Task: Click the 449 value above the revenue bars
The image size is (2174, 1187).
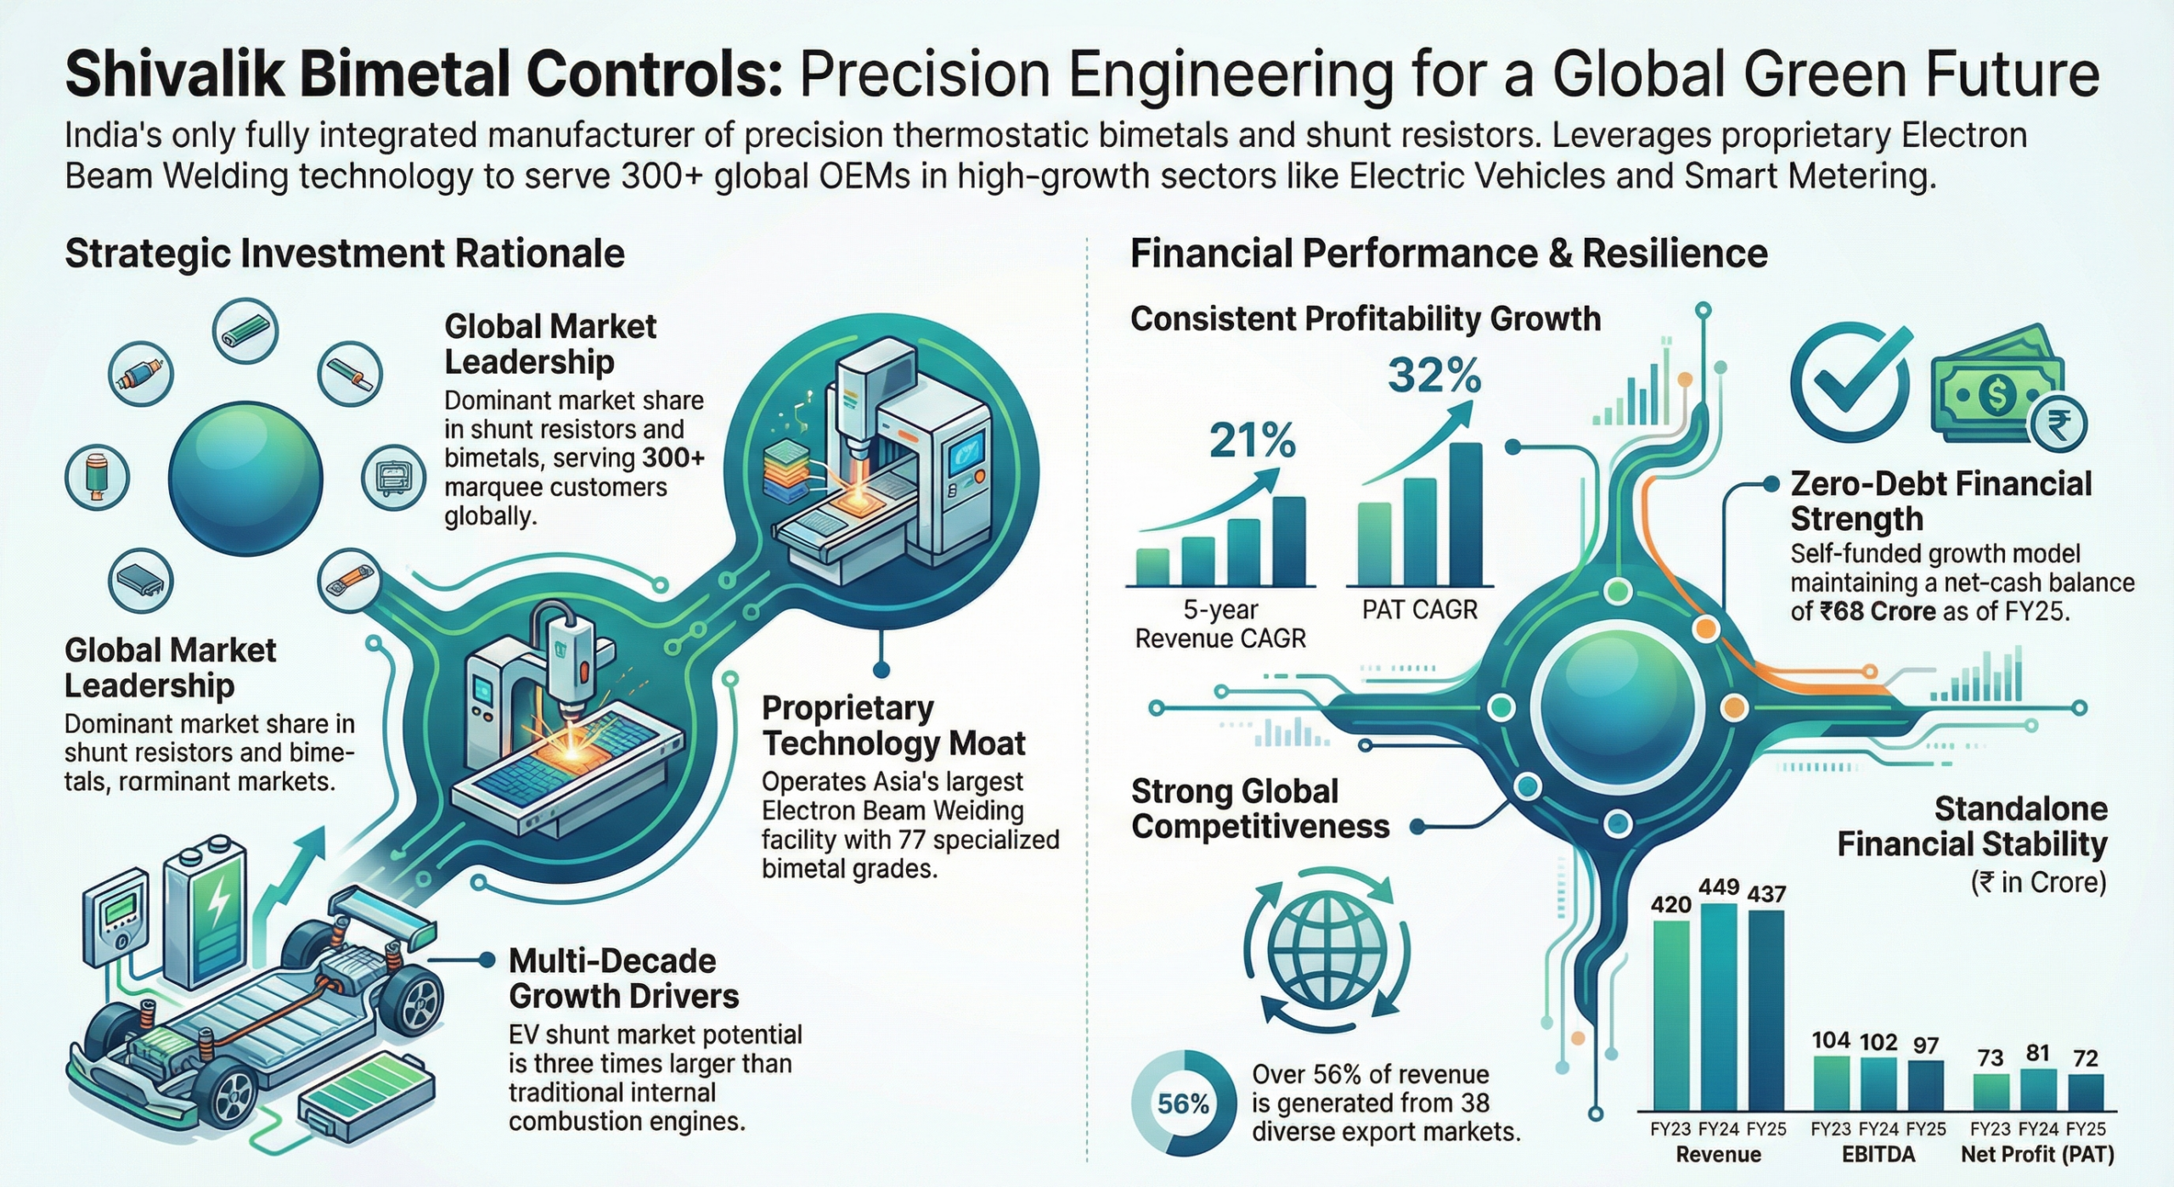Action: click(1718, 887)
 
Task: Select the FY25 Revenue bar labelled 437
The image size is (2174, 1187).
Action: click(1766, 1010)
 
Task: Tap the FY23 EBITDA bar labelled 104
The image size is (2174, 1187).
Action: click(1831, 1083)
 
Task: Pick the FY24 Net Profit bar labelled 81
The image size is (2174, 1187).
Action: click(2038, 1089)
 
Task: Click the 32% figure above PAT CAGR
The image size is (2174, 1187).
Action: click(1434, 375)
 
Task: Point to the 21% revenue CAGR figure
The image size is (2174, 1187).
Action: click(1253, 441)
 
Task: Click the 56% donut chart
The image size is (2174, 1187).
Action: click(1183, 1104)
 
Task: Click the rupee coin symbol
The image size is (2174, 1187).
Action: click(2058, 424)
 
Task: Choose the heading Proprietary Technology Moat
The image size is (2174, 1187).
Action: click(893, 725)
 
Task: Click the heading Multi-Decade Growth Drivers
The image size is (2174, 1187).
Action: click(623, 978)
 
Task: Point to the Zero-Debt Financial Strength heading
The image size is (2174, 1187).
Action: click(1940, 501)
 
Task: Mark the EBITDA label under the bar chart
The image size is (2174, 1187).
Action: click(1878, 1155)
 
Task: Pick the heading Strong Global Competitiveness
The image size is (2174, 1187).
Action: click(1260, 808)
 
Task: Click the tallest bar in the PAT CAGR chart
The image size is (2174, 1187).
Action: click(1467, 515)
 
